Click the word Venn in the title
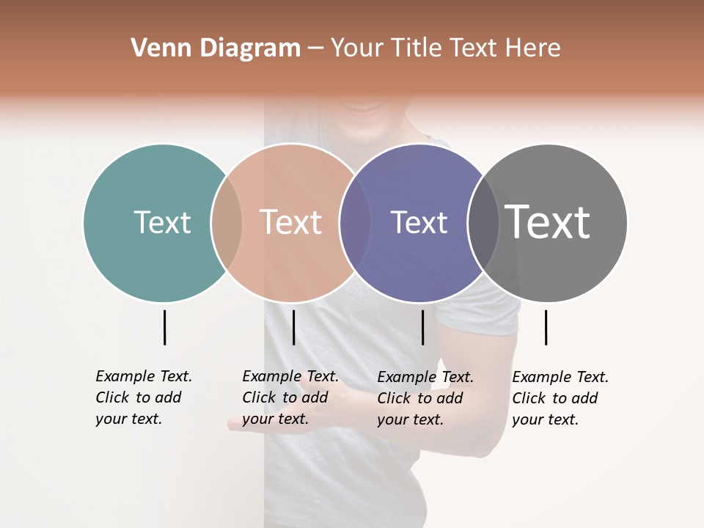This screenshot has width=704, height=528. point(152,48)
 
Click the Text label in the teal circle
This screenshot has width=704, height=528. point(162,222)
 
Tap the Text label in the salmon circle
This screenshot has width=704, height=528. point(291,222)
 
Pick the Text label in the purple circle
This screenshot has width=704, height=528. point(419,222)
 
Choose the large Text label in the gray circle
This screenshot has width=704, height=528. point(548,222)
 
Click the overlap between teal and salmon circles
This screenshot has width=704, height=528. point(227,222)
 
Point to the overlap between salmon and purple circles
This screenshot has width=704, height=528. point(355,222)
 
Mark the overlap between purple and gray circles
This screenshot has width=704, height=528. point(483,222)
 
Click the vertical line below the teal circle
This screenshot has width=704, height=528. point(164,327)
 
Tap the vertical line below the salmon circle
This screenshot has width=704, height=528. point(293,327)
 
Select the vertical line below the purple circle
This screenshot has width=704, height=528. point(422,327)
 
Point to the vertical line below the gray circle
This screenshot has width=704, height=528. point(546,327)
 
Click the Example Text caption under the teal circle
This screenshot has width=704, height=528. point(143,397)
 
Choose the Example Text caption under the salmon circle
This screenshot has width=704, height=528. point(290,397)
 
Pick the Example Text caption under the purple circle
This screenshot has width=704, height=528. point(425,398)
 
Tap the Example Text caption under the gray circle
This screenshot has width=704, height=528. point(560,398)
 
